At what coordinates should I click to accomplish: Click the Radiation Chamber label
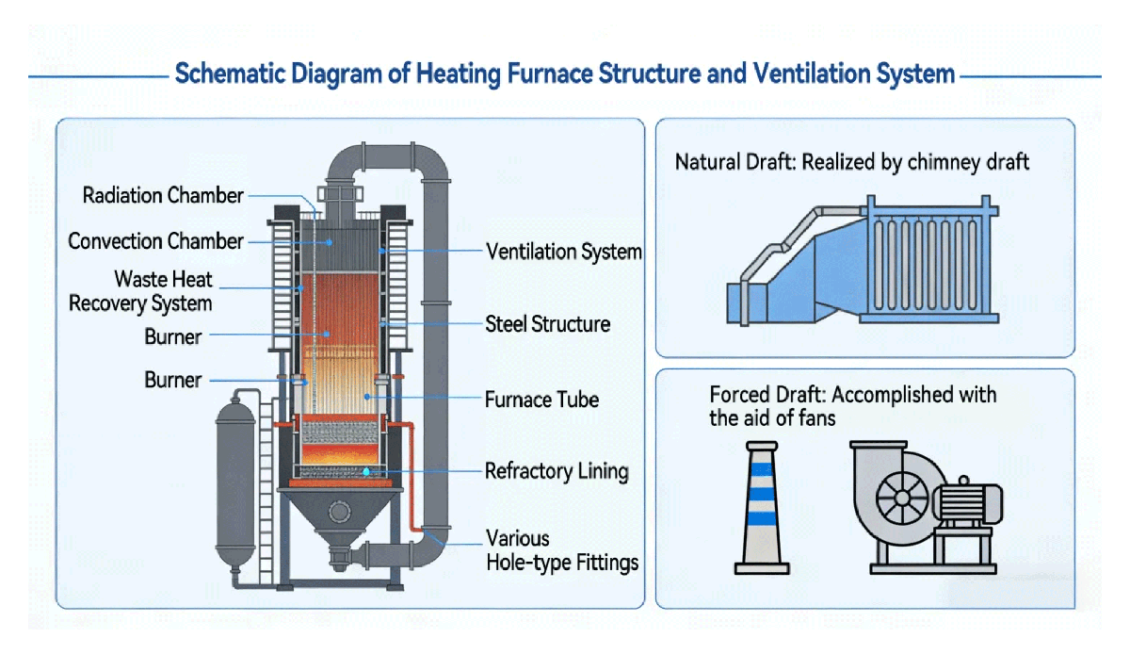[x=163, y=196]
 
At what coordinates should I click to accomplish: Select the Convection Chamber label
[x=155, y=241]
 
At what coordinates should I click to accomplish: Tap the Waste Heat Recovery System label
[x=140, y=291]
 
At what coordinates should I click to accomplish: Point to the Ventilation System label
[x=563, y=252]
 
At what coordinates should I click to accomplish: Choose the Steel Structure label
[x=547, y=325]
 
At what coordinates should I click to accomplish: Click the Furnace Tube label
[x=541, y=400]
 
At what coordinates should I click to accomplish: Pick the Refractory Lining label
[x=556, y=471]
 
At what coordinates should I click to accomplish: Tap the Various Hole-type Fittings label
[x=561, y=551]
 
